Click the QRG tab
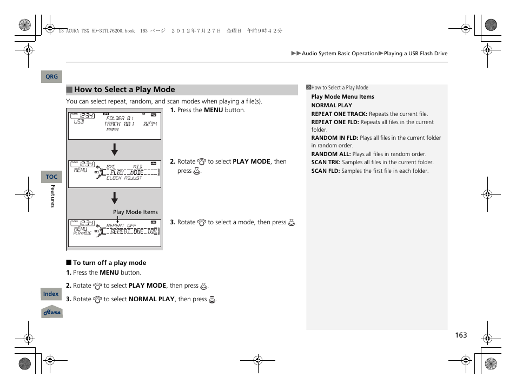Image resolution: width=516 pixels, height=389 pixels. [51, 77]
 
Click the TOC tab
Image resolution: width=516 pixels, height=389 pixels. [51, 177]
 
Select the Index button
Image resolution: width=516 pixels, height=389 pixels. [51, 294]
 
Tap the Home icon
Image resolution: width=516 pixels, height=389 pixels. [52, 312]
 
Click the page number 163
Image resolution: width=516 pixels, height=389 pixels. [460, 335]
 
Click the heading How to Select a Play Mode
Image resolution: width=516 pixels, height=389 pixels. [124, 90]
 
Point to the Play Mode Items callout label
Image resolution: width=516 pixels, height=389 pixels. [135, 212]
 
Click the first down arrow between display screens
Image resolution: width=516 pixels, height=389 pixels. [115, 150]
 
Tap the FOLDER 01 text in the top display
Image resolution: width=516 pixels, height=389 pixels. [120, 118]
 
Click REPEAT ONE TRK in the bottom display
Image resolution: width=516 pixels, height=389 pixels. [134, 231]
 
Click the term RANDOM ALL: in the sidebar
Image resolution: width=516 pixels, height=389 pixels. [331, 154]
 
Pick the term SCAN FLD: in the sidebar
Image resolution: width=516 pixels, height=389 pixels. [326, 171]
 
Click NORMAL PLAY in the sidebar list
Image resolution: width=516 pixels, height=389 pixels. [332, 106]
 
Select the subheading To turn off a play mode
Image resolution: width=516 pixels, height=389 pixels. [109, 263]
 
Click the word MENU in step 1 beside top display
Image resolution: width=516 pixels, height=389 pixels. [213, 110]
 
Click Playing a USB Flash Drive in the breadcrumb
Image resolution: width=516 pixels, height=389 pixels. [415, 54]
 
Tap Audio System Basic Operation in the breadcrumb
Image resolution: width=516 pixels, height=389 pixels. [340, 54]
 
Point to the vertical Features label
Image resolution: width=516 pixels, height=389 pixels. [52, 196]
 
